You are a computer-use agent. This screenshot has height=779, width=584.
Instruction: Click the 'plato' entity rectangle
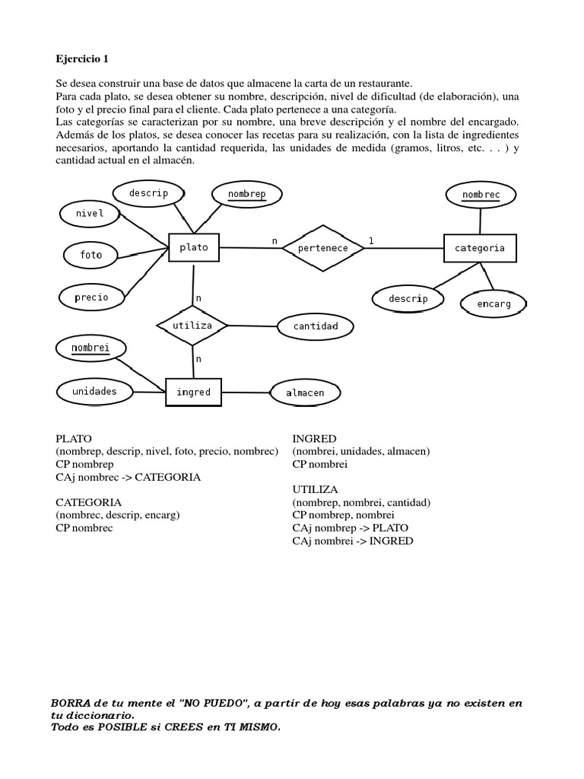(x=193, y=247)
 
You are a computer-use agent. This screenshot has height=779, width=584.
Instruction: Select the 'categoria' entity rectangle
(x=479, y=248)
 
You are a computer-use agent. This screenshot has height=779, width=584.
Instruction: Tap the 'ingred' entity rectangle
(x=193, y=393)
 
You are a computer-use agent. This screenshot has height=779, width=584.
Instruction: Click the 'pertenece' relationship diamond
(x=323, y=248)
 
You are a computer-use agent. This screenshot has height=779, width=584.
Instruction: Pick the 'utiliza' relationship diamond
(x=192, y=326)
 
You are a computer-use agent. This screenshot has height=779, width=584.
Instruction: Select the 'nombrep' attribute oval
(x=247, y=194)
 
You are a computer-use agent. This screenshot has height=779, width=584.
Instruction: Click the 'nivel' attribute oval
(x=90, y=213)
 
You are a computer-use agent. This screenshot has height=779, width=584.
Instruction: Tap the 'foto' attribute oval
(x=90, y=255)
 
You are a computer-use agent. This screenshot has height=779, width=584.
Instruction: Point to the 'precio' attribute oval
(x=91, y=297)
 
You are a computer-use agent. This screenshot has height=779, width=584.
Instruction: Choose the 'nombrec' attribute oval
(x=481, y=196)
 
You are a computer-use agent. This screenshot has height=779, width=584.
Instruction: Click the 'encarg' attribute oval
(x=494, y=304)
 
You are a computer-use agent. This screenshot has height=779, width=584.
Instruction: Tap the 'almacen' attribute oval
(x=306, y=393)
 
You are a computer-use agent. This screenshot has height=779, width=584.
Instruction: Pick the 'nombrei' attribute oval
(x=91, y=349)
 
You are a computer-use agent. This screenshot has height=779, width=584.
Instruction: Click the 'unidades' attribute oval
(x=94, y=391)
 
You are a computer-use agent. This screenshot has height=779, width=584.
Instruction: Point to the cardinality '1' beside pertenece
(x=371, y=241)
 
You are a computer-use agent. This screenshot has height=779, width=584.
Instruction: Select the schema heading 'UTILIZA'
(x=316, y=489)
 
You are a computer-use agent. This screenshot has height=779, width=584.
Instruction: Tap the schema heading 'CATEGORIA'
(x=89, y=502)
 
